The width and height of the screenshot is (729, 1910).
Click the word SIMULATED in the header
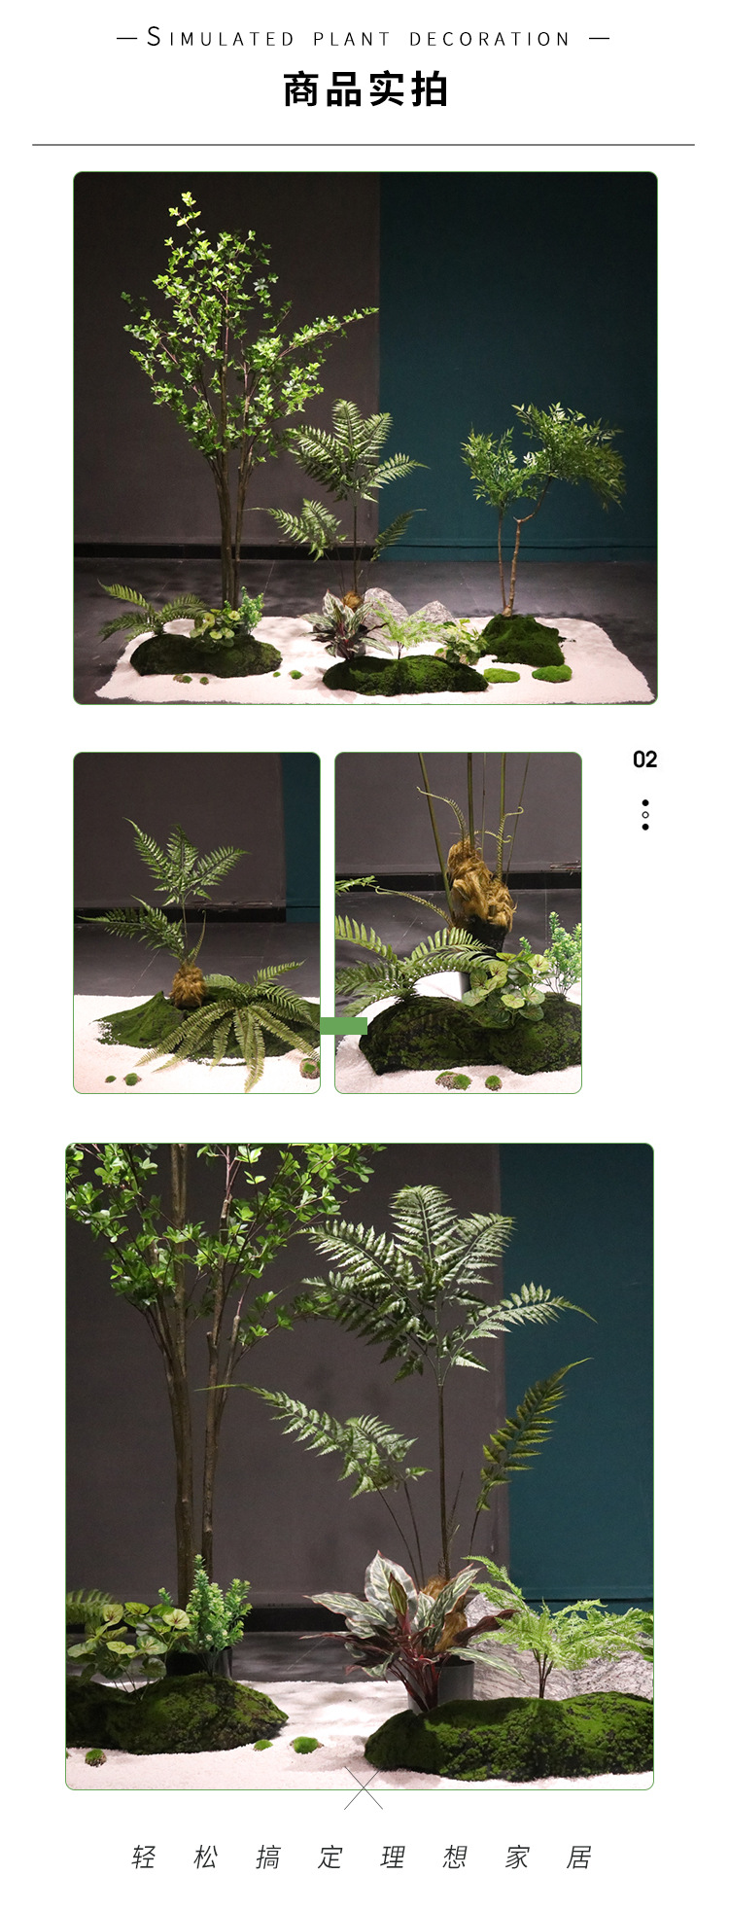tap(221, 39)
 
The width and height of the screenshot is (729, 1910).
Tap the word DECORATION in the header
tap(489, 39)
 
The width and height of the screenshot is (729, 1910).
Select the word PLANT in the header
tap(352, 39)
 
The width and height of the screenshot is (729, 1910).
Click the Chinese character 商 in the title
tap(302, 89)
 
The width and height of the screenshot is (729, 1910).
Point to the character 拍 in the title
tap(429, 89)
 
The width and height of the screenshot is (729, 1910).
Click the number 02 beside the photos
tap(644, 760)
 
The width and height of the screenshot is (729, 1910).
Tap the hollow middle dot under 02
tap(645, 815)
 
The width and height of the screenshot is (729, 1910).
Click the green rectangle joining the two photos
tap(343, 1025)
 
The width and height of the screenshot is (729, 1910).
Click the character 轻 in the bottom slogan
tap(144, 1857)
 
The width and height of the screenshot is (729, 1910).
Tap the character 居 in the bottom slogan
tap(579, 1857)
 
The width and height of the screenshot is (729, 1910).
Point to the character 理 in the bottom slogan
tap(393, 1857)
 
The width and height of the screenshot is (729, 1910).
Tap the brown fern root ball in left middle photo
tap(188, 988)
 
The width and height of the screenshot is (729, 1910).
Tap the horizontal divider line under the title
tap(364, 145)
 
